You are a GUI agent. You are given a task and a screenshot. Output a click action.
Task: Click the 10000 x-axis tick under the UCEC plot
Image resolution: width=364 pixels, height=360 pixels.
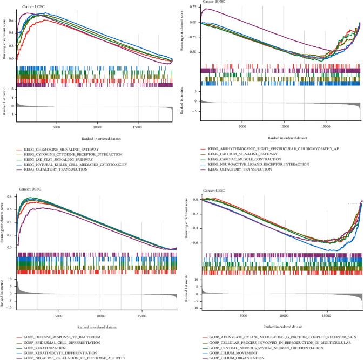(x=98, y=127)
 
